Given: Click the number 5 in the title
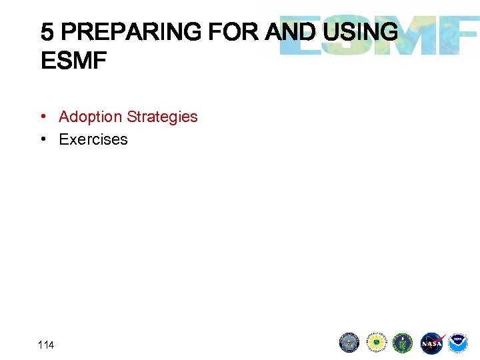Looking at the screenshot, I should (47, 32).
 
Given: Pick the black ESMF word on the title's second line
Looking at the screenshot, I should (73, 62).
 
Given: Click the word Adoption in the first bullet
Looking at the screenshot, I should (91, 117).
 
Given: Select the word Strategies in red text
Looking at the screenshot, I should (162, 117).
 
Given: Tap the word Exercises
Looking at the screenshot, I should (93, 139).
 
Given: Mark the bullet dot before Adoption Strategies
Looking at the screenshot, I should (42, 117).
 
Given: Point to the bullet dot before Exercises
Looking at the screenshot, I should (42, 139).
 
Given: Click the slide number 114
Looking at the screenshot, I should (46, 345).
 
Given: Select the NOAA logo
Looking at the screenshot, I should (458, 343).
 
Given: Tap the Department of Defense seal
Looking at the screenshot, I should (349, 343).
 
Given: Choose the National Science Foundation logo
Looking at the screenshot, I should (377, 343).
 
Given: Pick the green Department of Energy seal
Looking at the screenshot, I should (403, 343).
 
